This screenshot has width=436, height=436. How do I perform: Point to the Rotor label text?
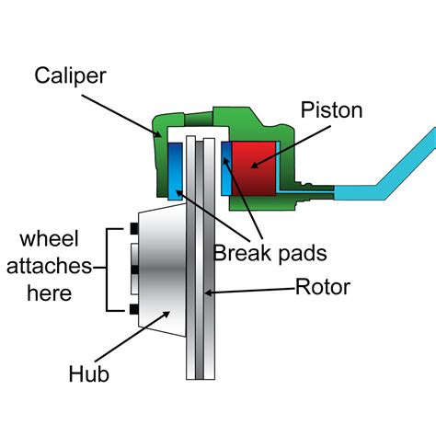pos(324,287)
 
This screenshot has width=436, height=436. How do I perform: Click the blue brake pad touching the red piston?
pos(225,168)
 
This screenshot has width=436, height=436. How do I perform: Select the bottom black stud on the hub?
pos(135,308)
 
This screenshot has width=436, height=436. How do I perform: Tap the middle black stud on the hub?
pos(135,269)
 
